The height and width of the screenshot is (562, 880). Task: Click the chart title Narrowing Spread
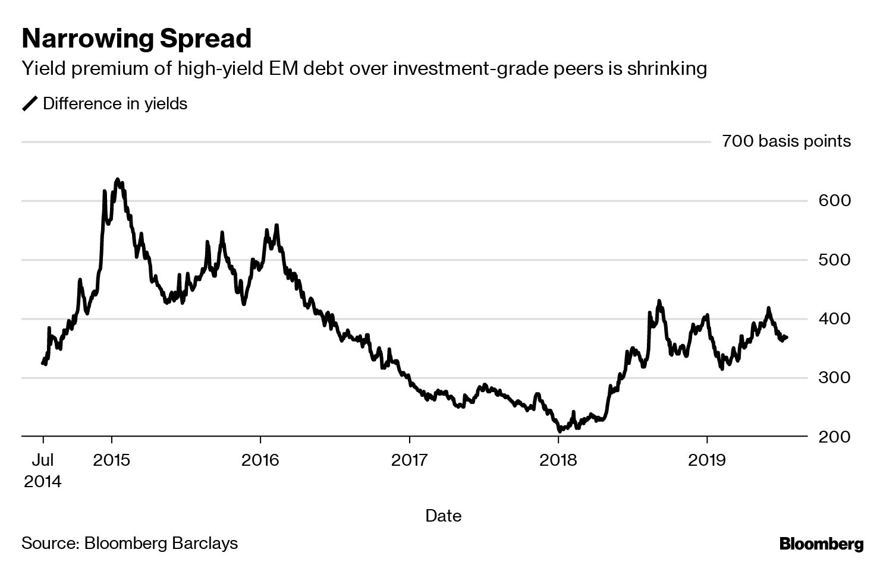click(137, 39)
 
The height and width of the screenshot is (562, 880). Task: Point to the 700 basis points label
click(786, 141)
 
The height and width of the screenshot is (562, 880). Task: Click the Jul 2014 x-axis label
click(43, 470)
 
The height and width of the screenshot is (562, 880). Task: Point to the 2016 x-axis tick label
click(260, 460)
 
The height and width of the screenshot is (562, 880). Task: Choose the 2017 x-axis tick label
click(409, 460)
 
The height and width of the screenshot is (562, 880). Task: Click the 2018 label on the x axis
click(558, 460)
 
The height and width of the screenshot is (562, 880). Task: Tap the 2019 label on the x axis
click(706, 460)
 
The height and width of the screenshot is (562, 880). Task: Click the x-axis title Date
click(444, 516)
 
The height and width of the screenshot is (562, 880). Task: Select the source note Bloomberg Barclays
click(130, 543)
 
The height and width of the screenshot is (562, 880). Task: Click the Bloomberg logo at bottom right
click(821, 544)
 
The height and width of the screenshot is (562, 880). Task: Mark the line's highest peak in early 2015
click(117, 179)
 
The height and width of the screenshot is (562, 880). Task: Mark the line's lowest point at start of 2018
click(560, 431)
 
